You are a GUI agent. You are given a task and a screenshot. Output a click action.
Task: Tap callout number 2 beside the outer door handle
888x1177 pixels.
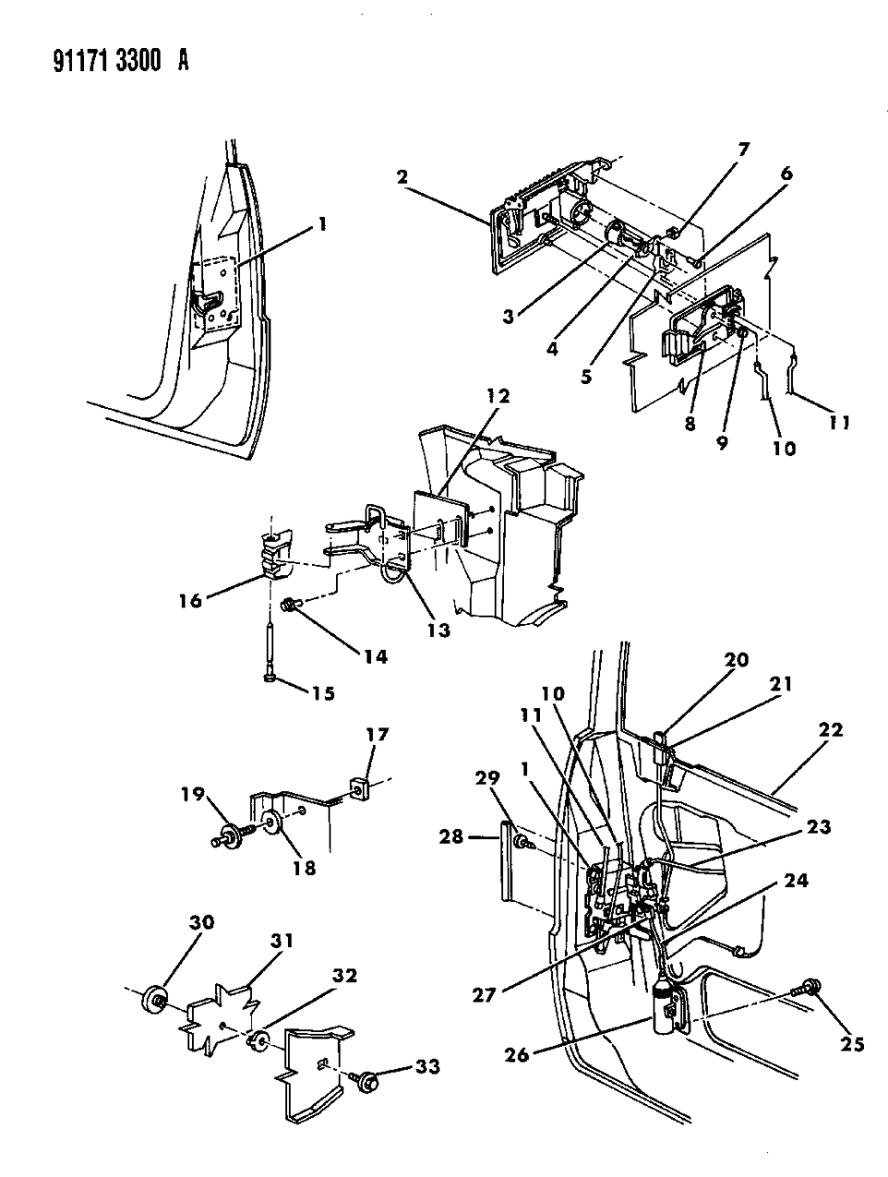coord(402,178)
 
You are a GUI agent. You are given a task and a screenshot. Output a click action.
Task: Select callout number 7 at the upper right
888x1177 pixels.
coord(743,148)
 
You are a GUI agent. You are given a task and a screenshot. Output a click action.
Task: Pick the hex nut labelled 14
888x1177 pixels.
coord(287,606)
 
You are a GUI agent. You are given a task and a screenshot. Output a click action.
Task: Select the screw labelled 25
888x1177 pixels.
coord(810,987)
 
